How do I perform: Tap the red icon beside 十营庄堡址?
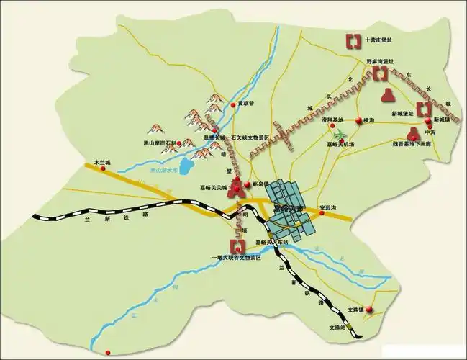click(352, 40)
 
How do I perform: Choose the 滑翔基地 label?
click(332, 120)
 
